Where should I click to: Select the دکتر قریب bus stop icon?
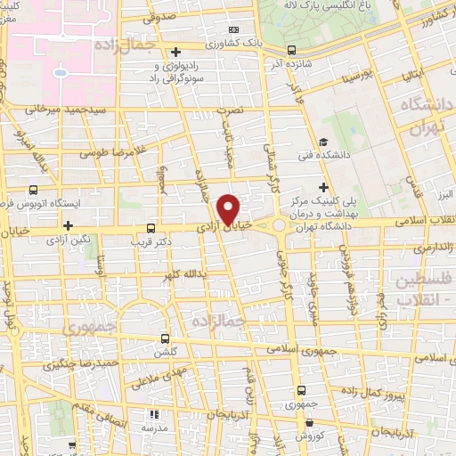coord(151,227)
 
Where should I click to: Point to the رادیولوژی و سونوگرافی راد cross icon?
coord(176,51)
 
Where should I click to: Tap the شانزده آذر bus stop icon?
coord(292,51)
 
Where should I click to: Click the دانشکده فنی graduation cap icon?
coord(323,142)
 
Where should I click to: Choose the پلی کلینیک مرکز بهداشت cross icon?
coord(323,186)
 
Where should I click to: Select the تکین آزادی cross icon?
coord(67,225)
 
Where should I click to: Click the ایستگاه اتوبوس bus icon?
coord(34,190)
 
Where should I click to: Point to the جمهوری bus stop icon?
coord(301,389)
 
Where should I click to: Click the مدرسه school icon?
coord(153,414)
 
